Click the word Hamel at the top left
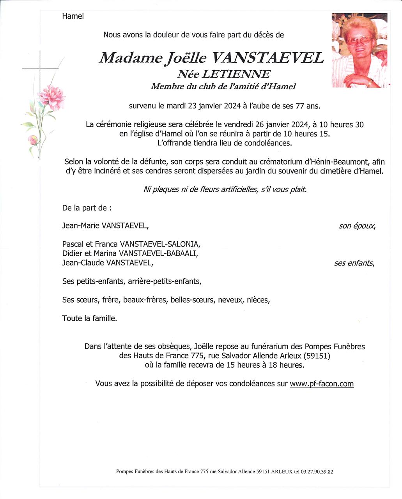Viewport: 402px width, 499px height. coord(73,16)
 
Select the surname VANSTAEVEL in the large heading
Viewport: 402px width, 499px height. coord(267,58)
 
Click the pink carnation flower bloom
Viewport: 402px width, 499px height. coord(51,97)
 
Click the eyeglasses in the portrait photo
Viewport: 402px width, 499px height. coord(358,40)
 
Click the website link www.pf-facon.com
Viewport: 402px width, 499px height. coord(322,384)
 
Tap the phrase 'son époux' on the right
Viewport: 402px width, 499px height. coord(357,226)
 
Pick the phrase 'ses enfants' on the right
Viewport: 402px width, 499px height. coord(354,263)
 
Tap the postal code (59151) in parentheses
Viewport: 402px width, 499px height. coord(313,356)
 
